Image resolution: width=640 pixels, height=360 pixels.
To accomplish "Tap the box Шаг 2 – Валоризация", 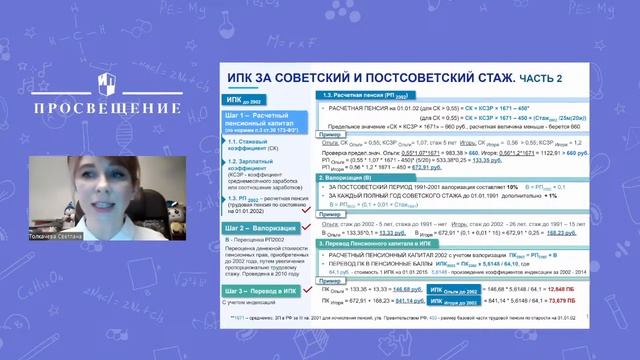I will point(262,231).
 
